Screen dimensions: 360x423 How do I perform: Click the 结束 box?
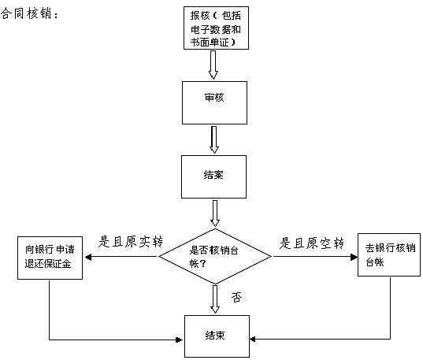pyautogui.click(x=214, y=336)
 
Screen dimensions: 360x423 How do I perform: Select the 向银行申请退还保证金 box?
pyautogui.click(x=49, y=258)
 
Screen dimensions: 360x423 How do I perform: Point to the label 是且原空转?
pyautogui.click(x=313, y=243)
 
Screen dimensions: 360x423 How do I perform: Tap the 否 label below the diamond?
pyautogui.click(x=236, y=297)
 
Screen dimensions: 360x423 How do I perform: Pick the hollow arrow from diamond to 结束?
pyautogui.click(x=214, y=298)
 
